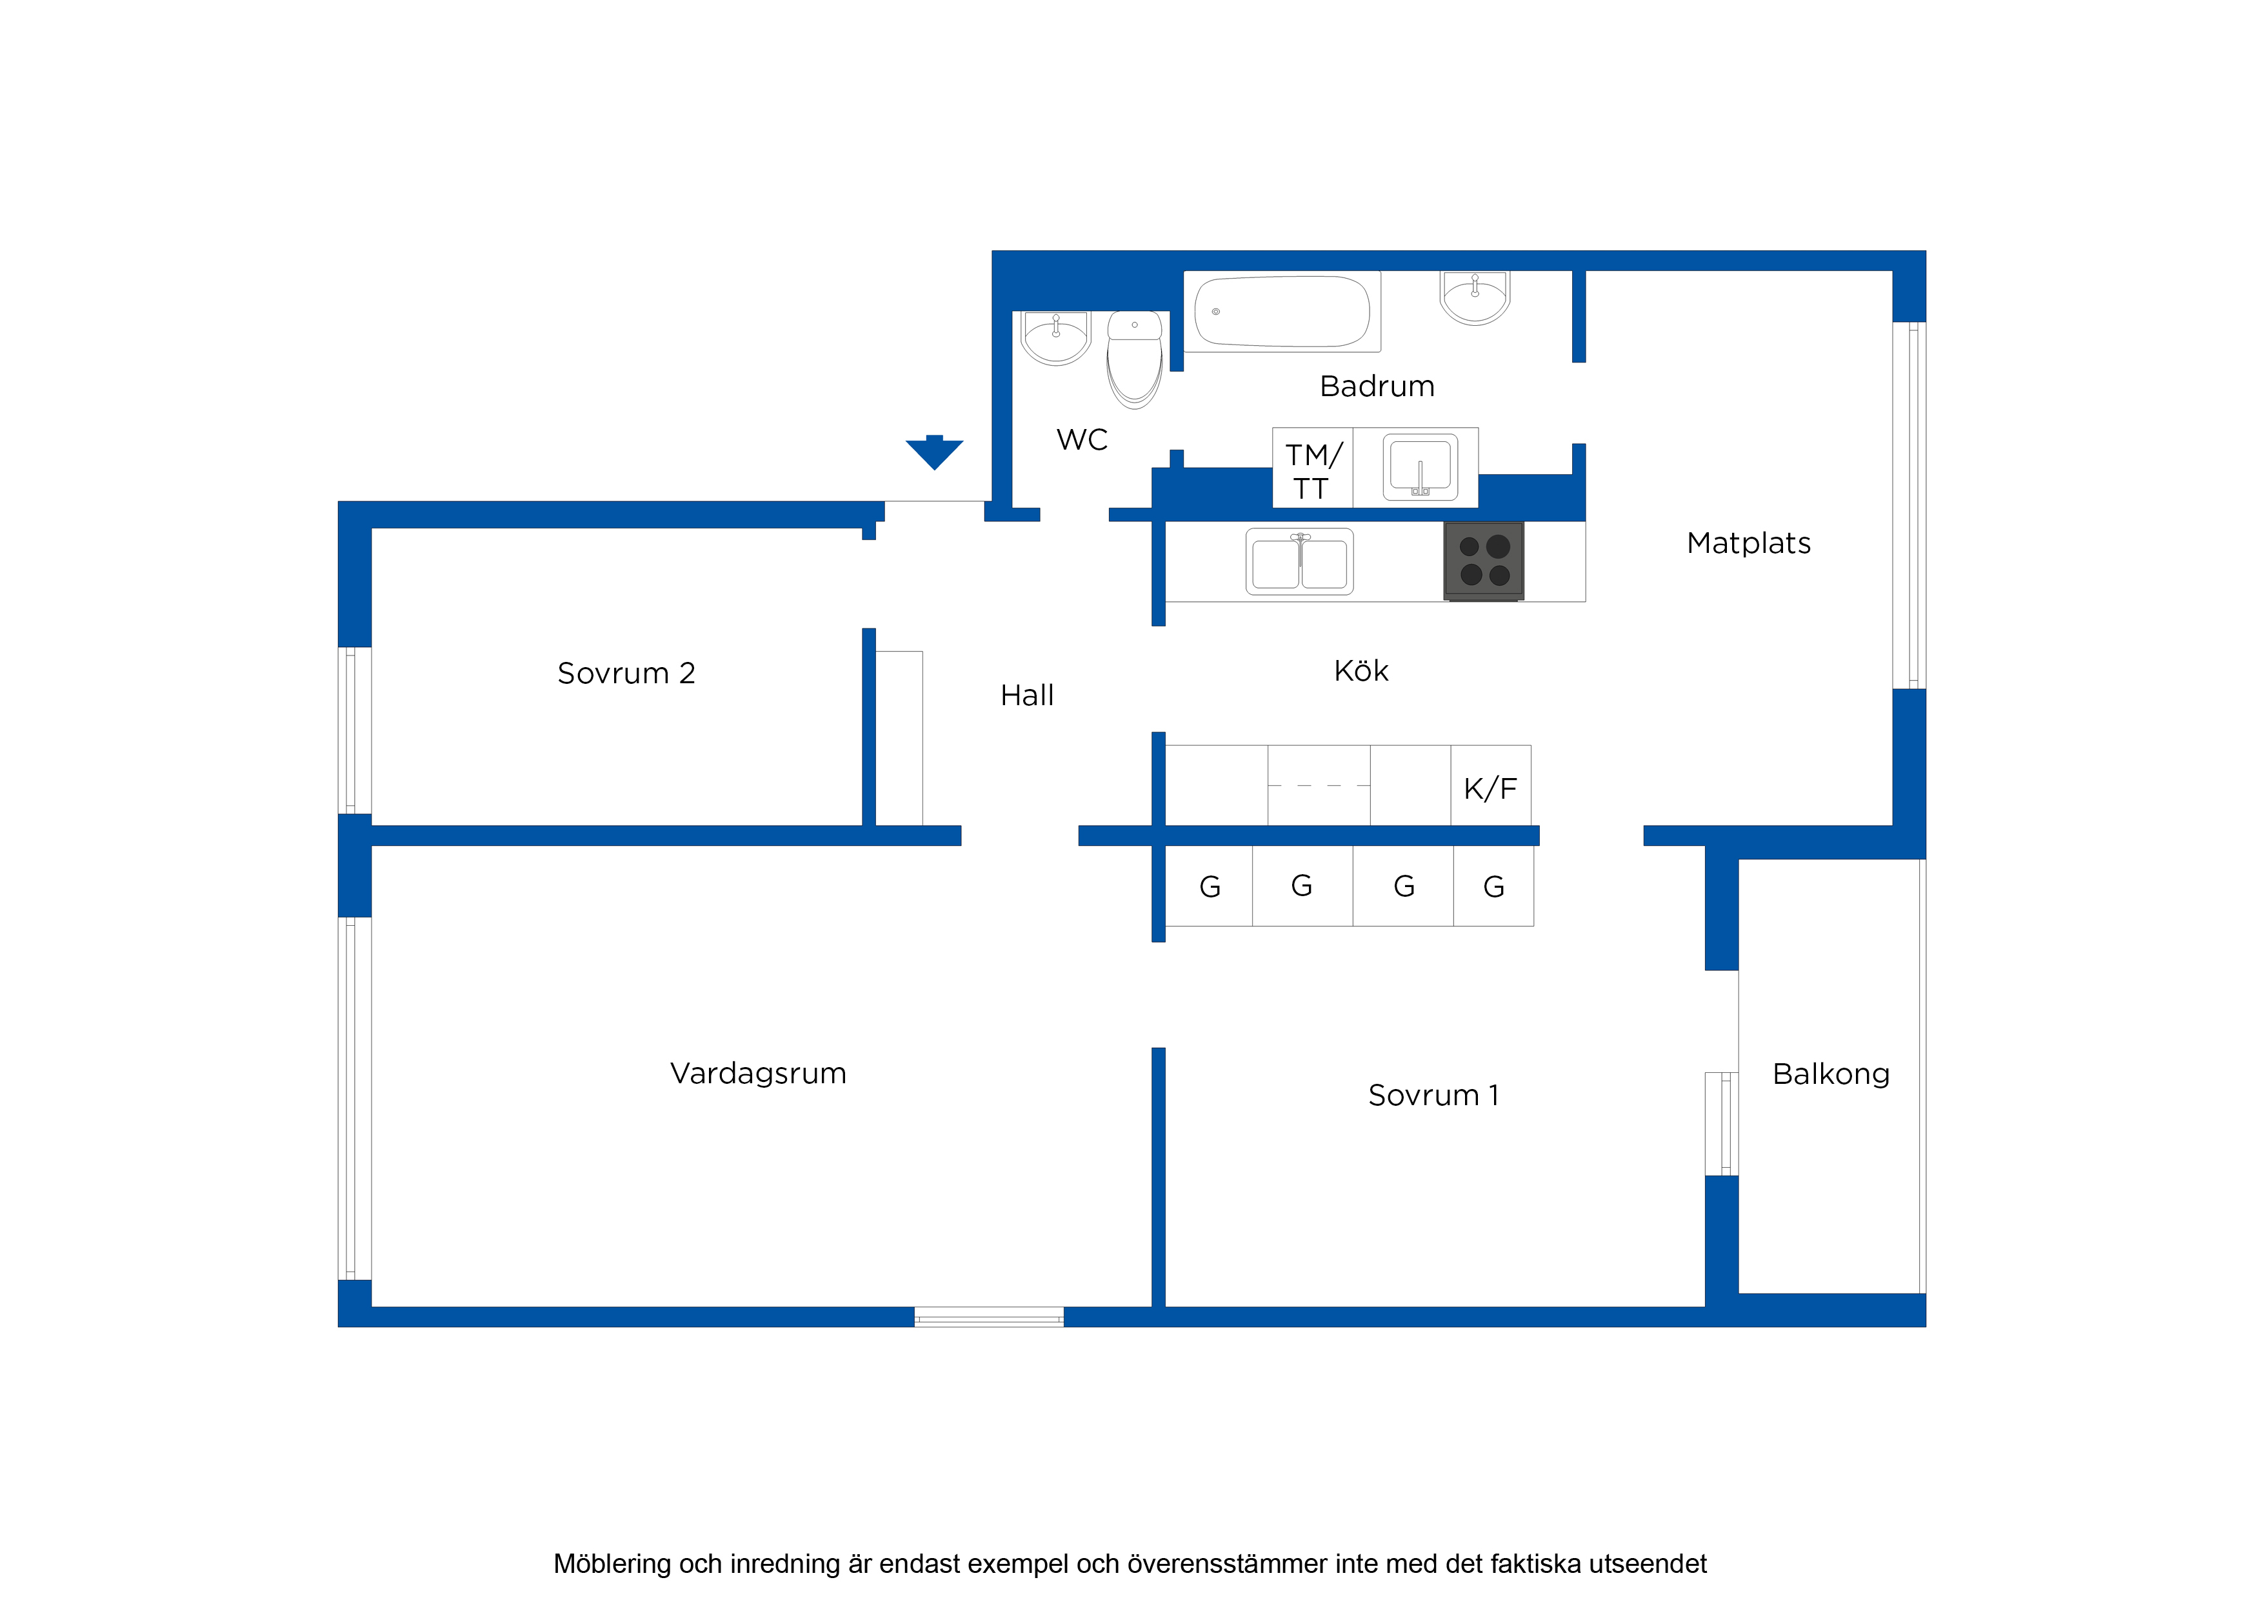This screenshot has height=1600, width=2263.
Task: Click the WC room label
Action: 1082,440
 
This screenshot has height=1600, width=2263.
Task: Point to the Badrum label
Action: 1377,386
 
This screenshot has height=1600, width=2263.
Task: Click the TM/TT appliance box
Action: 1313,468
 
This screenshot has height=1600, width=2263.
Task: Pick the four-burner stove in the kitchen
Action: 1483,561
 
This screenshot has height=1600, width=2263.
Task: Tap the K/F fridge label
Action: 1490,788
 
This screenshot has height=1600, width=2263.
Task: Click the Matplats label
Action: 1748,543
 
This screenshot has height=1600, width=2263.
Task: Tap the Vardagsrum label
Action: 758,1074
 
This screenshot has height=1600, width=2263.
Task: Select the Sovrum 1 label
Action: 1433,1095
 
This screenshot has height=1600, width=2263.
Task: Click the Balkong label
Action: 1830,1075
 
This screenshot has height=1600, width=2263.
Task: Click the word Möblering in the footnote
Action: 612,1565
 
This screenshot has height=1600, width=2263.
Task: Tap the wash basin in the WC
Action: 1055,338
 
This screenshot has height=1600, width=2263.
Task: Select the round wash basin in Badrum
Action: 1475,297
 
